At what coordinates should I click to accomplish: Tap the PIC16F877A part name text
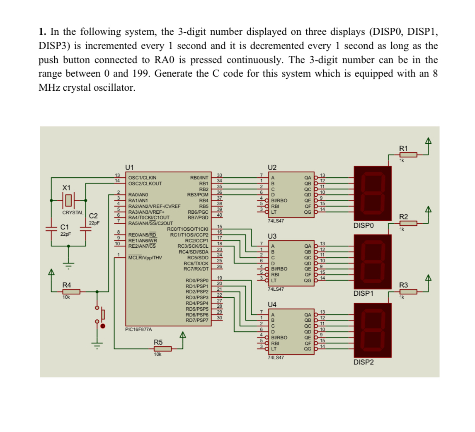(139, 329)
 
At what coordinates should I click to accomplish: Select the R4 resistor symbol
(71, 292)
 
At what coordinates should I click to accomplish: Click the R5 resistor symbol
(162, 349)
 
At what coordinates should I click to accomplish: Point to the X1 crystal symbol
(68, 200)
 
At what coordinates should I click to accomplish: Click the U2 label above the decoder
(273, 168)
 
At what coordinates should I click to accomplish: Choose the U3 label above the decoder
(273, 236)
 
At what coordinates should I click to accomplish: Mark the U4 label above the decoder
(273, 305)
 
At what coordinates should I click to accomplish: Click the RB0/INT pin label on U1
(199, 178)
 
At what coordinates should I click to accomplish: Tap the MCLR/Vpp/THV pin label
(145, 258)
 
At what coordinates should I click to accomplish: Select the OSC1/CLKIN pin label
(143, 178)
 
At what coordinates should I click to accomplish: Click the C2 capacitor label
(94, 216)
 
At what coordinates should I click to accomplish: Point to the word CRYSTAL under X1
(73, 212)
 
